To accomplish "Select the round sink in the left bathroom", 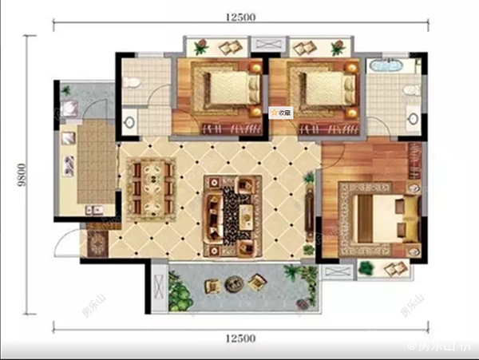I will coord(130,122).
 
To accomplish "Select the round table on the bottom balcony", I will coord(234,283).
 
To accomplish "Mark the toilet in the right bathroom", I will coord(410,88).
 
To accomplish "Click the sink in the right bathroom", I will coord(414,121).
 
